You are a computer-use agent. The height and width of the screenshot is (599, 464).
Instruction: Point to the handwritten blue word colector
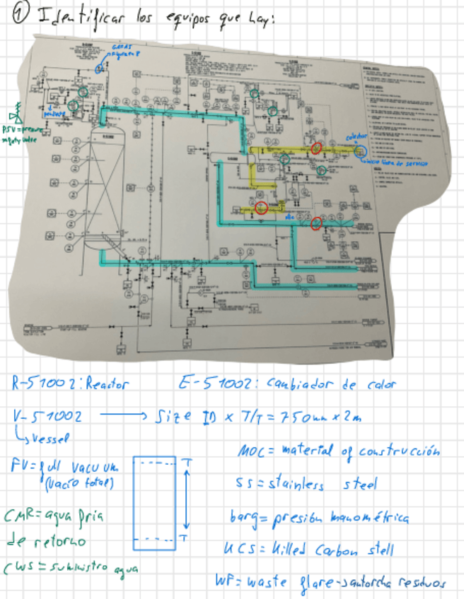coord(356,136)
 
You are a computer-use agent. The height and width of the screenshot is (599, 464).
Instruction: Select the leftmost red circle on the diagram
coord(261,207)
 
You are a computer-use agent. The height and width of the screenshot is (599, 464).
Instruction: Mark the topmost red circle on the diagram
coord(316,148)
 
